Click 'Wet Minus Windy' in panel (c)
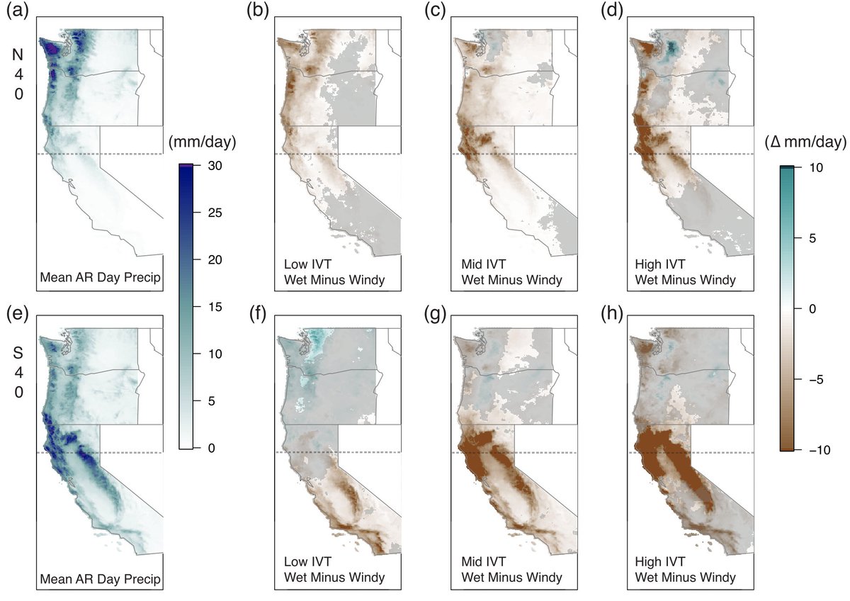[x=511, y=280]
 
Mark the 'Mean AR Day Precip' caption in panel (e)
[x=102, y=578]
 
